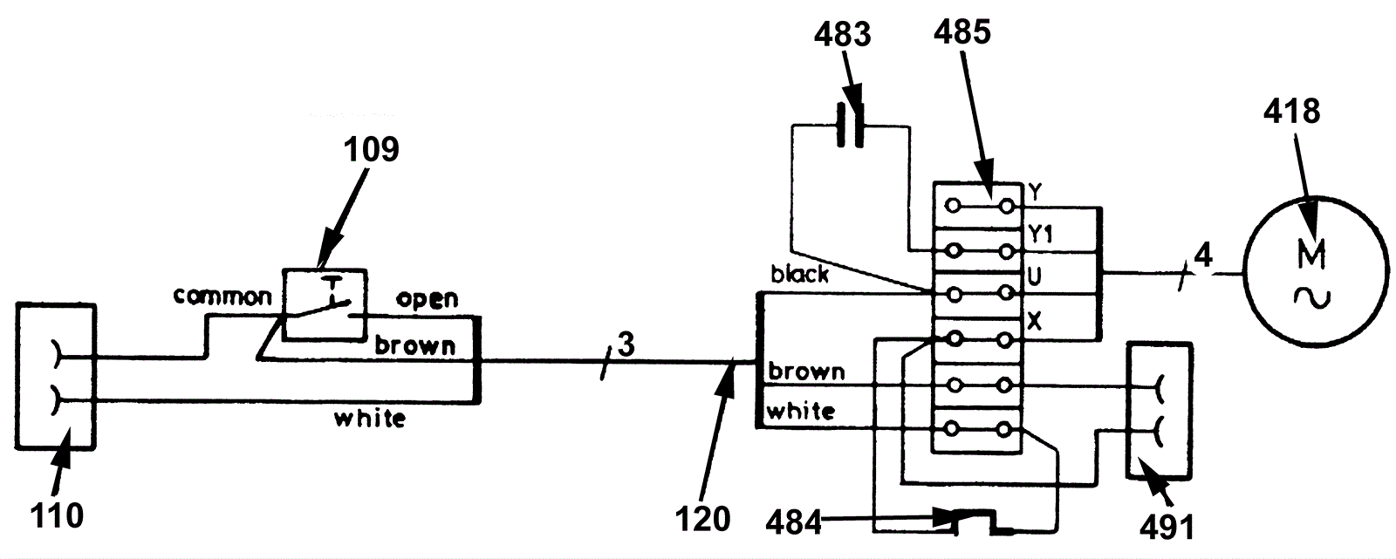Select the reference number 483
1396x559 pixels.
[843, 35]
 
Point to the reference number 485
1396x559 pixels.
[962, 33]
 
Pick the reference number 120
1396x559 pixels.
[702, 519]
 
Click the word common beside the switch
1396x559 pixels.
[222, 297]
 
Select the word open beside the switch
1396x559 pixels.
[427, 298]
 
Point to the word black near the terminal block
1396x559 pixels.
[799, 275]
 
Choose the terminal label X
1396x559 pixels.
[1035, 322]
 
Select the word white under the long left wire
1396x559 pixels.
[370, 419]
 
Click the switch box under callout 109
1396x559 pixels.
[325, 306]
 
